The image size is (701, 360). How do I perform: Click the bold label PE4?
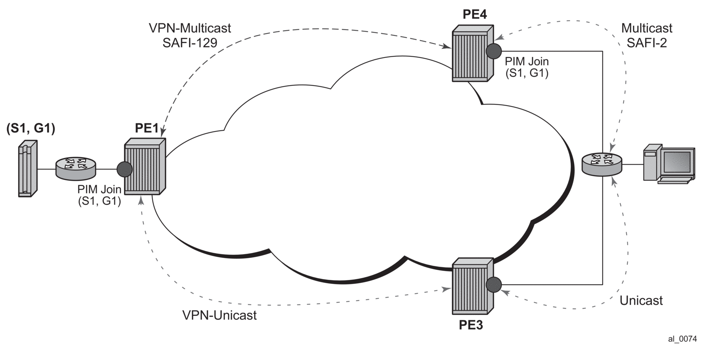pos(474,15)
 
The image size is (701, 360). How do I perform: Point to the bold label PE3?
pos(471,325)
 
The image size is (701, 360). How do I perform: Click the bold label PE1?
pos(147,128)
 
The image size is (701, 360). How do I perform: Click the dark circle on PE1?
pos(124,169)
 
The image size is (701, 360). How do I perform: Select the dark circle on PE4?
pos(493,51)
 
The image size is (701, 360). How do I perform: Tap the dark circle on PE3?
pos(493,284)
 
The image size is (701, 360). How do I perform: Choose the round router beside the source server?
pos(76,168)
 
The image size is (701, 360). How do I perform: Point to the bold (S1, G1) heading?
pos(31,128)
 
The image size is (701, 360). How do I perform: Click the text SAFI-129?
pos(190,43)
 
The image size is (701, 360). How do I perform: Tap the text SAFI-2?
pos(647,43)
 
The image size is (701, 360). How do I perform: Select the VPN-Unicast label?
pos(219,315)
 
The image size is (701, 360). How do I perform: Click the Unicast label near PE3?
pos(641,301)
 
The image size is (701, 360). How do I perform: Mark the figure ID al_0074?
pos(682,339)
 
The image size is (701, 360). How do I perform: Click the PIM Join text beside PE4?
pos(527,61)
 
